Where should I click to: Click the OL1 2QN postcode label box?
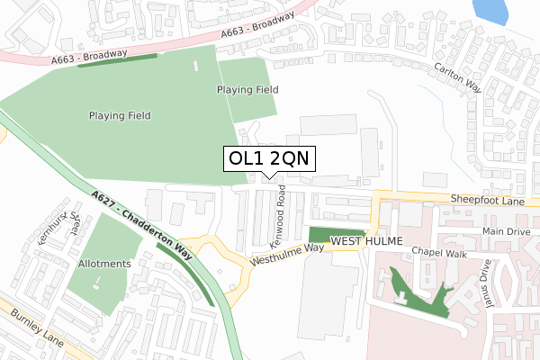(x=269, y=158)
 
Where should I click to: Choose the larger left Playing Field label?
(x=119, y=115)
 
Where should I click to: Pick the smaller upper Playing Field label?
(x=247, y=90)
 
